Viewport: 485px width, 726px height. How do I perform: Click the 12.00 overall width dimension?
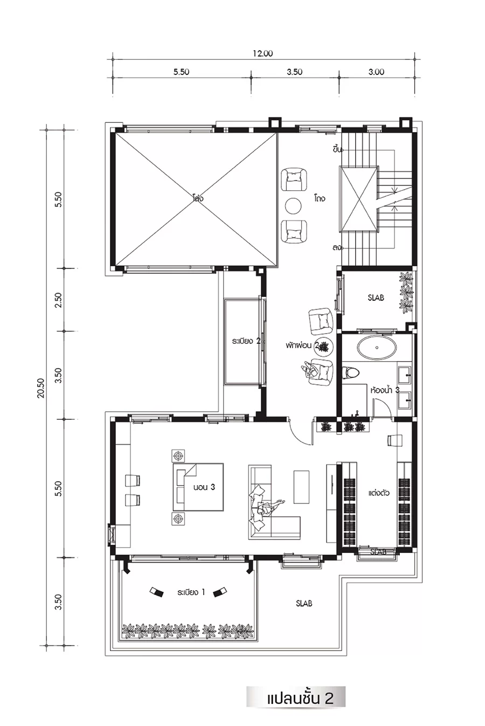(263, 53)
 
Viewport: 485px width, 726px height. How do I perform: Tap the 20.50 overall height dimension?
(41, 388)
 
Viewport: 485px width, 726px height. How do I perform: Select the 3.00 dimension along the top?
(376, 72)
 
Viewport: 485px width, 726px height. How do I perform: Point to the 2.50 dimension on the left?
(58, 300)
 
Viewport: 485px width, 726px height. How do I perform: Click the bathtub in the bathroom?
(377, 348)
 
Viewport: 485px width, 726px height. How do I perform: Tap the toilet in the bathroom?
(351, 373)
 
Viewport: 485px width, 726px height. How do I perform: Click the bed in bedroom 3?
(198, 487)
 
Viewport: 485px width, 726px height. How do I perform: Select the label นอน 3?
(204, 487)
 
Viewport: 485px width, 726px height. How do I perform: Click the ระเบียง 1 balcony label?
(191, 592)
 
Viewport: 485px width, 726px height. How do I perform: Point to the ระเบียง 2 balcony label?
(246, 341)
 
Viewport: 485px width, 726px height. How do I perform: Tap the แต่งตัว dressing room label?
(379, 493)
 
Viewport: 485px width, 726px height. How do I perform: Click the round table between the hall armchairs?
(293, 205)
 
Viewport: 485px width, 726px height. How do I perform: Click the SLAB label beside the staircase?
(376, 298)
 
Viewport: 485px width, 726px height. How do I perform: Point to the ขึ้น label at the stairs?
(337, 150)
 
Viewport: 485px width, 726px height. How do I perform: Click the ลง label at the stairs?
(337, 248)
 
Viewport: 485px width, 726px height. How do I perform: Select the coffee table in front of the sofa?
(302, 487)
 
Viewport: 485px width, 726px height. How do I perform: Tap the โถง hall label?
(319, 198)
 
